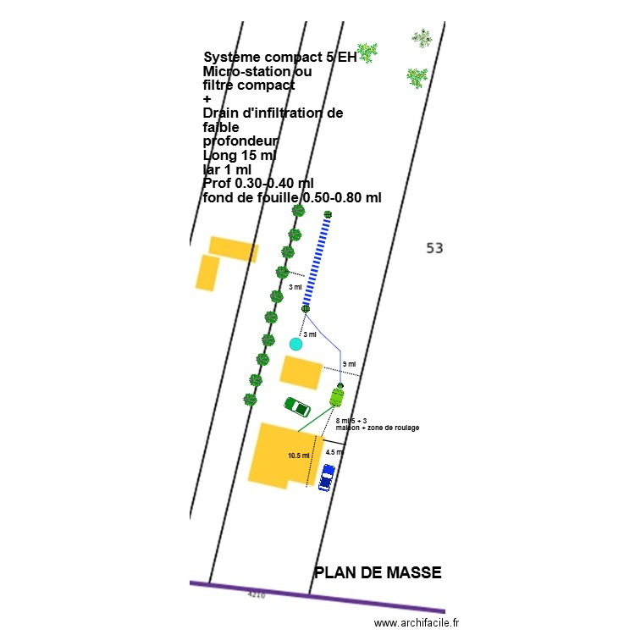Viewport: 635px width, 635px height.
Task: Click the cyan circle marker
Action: (x=295, y=344)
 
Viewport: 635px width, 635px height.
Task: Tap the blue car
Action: (x=327, y=478)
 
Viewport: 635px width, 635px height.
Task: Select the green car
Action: (x=297, y=407)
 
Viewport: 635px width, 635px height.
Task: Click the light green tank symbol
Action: (x=338, y=396)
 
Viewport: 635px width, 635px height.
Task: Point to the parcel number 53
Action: (x=434, y=248)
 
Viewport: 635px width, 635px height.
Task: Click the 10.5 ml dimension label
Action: (x=299, y=456)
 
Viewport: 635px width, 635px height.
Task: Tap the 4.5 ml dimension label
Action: (x=335, y=452)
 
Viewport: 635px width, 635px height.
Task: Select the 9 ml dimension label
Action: (x=349, y=364)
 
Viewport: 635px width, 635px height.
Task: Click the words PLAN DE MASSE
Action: (x=378, y=572)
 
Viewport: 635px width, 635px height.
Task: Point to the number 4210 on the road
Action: (x=256, y=595)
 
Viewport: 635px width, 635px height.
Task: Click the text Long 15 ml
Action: (x=240, y=156)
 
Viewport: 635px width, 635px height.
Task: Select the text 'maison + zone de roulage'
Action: (x=378, y=428)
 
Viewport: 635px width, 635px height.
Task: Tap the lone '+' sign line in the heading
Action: (x=207, y=99)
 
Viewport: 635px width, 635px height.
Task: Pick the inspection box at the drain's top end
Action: (x=328, y=214)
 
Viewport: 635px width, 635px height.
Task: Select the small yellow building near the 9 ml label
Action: (x=301, y=372)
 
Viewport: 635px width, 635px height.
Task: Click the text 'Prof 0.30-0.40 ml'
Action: (x=258, y=184)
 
